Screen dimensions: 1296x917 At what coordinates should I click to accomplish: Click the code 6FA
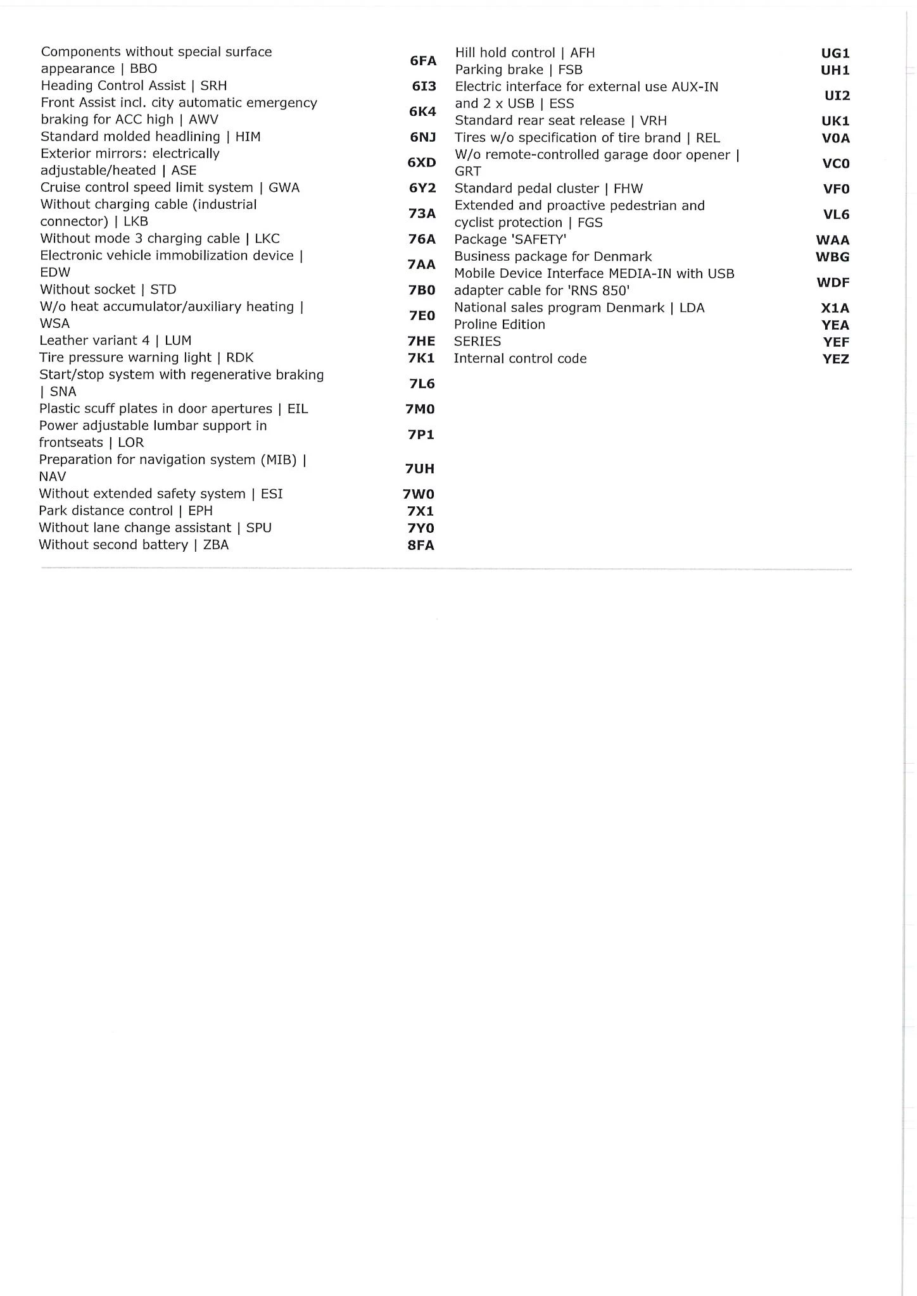(423, 61)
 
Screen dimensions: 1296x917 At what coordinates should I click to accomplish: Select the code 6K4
(422, 111)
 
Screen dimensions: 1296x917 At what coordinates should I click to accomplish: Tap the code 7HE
(421, 341)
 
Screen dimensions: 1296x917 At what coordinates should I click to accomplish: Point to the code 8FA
(421, 545)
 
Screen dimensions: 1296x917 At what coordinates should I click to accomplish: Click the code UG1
(835, 54)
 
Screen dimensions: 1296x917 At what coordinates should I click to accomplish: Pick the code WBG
(833, 257)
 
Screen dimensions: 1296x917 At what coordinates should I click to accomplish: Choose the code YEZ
(835, 359)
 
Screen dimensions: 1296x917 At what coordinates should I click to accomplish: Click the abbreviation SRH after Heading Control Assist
(213, 85)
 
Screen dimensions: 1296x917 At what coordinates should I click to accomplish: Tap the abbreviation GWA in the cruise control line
(284, 188)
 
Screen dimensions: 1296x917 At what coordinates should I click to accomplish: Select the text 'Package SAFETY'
(510, 240)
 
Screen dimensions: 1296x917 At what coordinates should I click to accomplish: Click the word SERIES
(477, 342)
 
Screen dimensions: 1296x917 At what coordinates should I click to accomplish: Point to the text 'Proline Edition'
(499, 325)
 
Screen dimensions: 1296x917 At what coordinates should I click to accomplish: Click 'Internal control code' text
(520, 359)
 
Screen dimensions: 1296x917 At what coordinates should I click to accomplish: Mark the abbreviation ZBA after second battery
(215, 545)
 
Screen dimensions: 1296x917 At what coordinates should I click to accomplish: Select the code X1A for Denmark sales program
(835, 308)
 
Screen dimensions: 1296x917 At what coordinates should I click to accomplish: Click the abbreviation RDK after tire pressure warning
(239, 358)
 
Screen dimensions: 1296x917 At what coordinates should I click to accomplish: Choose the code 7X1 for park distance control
(421, 511)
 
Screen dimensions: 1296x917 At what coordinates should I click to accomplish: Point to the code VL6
(836, 215)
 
